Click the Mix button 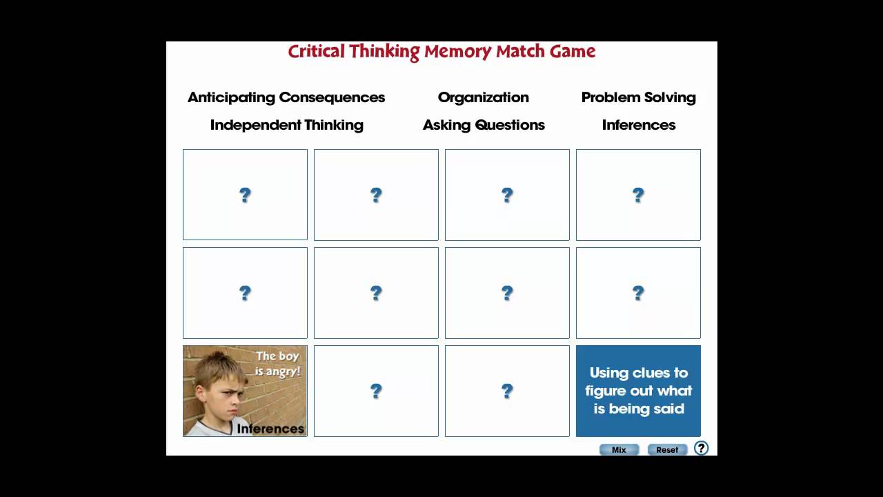619,449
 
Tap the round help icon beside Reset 701,448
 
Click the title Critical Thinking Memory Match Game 441,52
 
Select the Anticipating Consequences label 286,97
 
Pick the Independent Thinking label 286,125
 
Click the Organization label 483,97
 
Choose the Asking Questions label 484,125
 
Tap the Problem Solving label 638,97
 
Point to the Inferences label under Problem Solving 638,125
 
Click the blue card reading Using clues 638,391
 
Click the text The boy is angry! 278,363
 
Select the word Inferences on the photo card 270,429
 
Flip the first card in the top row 245,195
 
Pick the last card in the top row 638,195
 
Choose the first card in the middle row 245,293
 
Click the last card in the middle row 638,293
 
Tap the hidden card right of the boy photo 376,391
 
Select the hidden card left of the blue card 507,391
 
